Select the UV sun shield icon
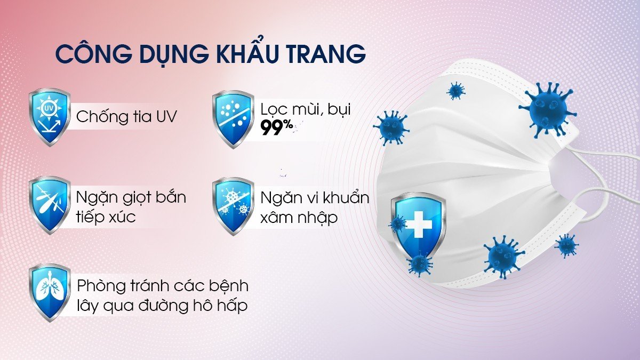(50, 117)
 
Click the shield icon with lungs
(50, 292)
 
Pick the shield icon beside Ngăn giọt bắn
(50, 205)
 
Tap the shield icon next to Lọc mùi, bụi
(233, 119)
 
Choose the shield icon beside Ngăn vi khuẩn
(233, 206)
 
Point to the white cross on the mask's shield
(419, 225)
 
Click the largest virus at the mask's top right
(547, 110)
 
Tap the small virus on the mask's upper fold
(455, 91)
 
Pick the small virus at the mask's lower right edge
(566, 246)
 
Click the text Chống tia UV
(126, 117)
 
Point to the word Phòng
(101, 286)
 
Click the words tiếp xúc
(106, 217)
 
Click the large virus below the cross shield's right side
(503, 257)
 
